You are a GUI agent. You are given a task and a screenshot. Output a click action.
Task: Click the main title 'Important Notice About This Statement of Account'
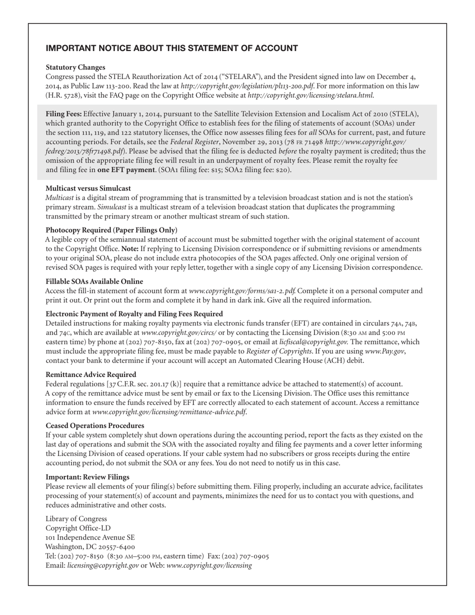click(x=171, y=48)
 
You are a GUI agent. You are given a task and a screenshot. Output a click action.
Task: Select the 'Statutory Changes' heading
click(x=75, y=67)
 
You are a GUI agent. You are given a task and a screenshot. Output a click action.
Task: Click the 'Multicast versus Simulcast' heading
click(x=88, y=188)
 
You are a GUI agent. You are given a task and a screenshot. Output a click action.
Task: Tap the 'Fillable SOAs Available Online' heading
click(x=94, y=281)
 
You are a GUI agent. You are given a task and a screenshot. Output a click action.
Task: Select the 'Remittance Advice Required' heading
click(x=90, y=374)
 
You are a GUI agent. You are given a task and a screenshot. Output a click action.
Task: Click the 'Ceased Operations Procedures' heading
click(x=95, y=426)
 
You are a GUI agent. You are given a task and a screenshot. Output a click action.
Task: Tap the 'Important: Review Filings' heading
click(x=87, y=477)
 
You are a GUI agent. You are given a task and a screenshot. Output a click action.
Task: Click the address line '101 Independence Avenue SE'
click(x=90, y=537)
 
